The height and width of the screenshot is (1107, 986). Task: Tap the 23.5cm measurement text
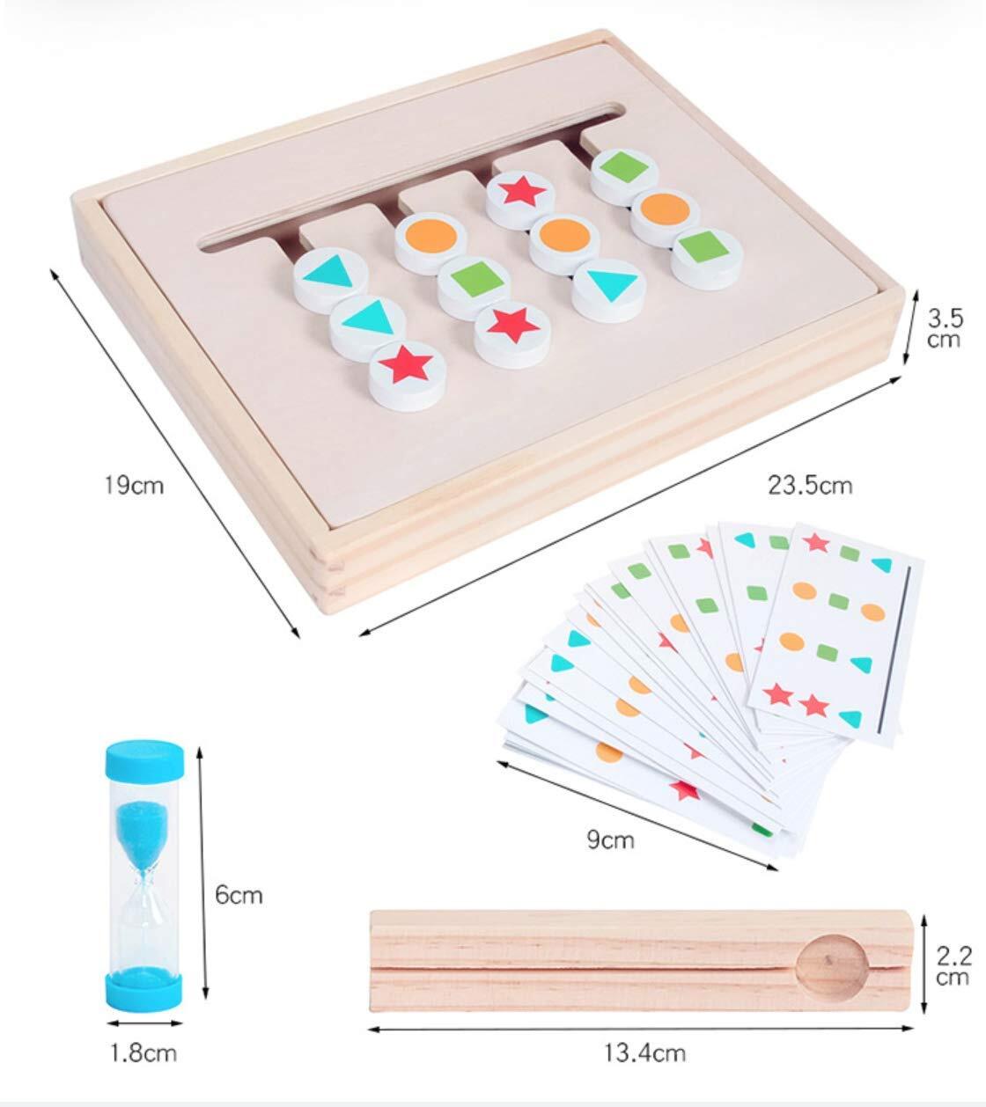[810, 485]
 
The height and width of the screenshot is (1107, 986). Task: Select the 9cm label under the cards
[611, 839]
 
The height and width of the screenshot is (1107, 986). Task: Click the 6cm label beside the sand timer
[239, 895]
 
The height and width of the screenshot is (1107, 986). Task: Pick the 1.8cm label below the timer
[143, 1052]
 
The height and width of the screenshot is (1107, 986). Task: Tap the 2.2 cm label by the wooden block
[953, 966]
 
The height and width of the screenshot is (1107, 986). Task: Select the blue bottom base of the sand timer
[144, 985]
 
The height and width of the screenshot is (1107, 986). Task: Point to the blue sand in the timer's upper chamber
[144, 823]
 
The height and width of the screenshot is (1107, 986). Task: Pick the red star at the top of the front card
[815, 542]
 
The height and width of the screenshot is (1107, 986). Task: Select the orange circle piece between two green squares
[666, 210]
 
